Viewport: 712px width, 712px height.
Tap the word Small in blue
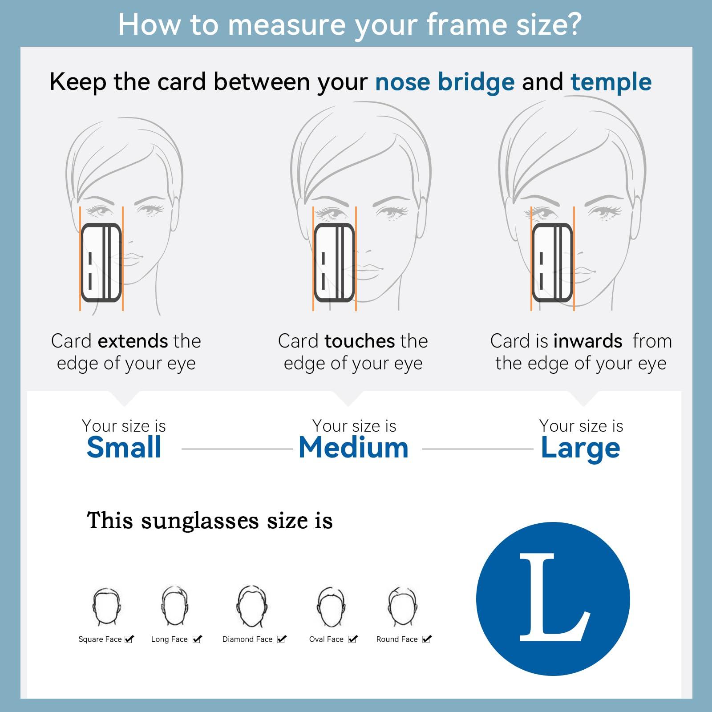(x=124, y=447)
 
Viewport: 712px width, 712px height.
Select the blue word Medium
(x=354, y=447)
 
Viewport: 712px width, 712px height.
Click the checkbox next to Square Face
(x=129, y=639)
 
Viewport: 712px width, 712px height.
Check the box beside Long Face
(x=198, y=639)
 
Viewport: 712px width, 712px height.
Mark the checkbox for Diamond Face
(x=282, y=639)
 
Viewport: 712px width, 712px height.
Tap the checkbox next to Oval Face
(x=353, y=639)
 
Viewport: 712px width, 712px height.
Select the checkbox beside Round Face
(x=427, y=639)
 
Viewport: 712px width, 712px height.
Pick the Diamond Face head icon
(x=252, y=606)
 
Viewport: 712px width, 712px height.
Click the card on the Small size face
(x=101, y=263)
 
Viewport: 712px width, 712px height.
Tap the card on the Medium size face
(x=335, y=263)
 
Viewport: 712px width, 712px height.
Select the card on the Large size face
(x=553, y=263)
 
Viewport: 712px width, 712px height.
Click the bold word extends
(x=133, y=341)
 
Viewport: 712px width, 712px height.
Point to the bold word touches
(x=360, y=341)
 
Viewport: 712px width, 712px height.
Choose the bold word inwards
(x=588, y=341)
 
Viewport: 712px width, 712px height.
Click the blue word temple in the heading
(x=611, y=83)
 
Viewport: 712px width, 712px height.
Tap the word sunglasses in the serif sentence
(x=200, y=521)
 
